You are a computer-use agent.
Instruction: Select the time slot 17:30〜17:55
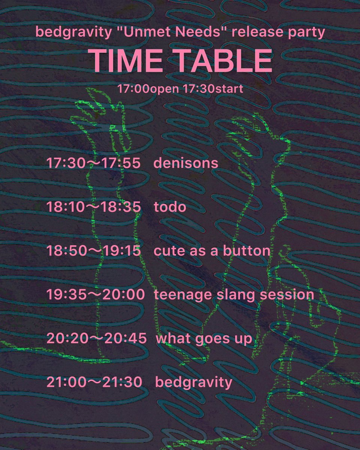coord(93,163)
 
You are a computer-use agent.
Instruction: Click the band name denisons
coord(186,163)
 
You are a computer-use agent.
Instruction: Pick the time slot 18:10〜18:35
coord(93,207)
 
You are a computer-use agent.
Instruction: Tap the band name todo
coord(170,207)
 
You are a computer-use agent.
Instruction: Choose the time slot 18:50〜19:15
coord(93,251)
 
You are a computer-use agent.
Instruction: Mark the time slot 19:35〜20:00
coord(95,295)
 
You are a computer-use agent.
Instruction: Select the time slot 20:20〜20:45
coord(96,339)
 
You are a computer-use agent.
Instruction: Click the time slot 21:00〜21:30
coord(94,382)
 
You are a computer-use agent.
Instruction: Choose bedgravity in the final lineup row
coord(194,383)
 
